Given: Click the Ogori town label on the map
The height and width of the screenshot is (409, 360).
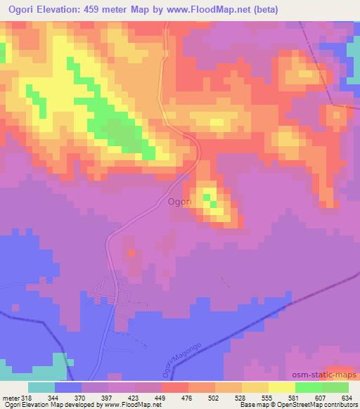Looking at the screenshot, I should (181, 202).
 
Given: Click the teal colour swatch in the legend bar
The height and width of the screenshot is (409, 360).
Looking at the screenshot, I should (41, 387).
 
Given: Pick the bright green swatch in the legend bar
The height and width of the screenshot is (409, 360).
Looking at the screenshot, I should (309, 387).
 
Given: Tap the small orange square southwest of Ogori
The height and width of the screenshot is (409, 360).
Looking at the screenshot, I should (131, 251).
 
